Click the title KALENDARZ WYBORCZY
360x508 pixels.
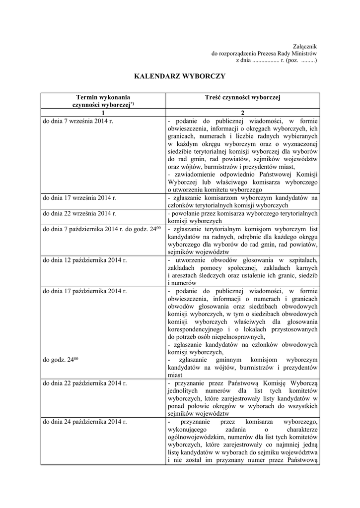point(180,76)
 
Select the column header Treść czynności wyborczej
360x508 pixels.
point(242,98)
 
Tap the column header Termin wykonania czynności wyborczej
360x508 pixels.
point(103,101)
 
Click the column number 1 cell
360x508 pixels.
point(103,113)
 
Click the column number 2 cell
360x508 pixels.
point(242,113)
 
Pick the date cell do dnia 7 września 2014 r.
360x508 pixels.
point(78,121)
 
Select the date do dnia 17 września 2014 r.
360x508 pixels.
point(80,198)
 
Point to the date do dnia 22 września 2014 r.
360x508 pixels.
point(80,213)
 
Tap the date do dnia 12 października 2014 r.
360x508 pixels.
point(85,259)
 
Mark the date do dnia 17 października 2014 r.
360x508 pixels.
point(85,290)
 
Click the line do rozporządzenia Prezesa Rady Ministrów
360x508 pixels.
point(264,53)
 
